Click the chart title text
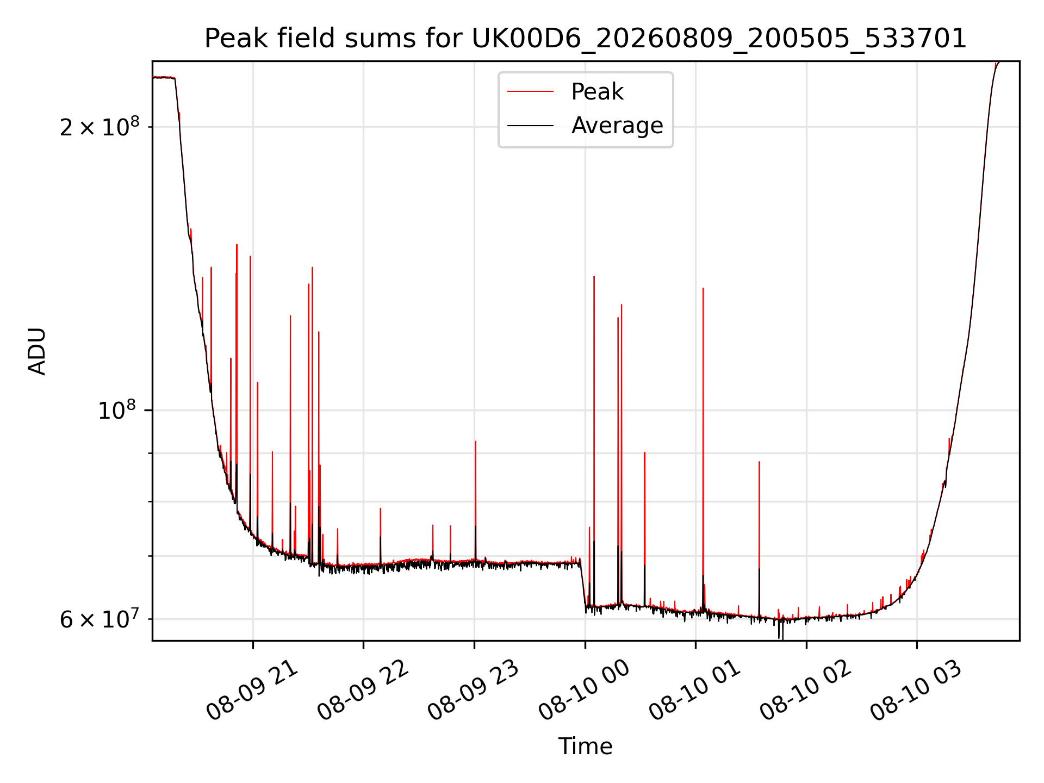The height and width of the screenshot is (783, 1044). pyautogui.click(x=585, y=39)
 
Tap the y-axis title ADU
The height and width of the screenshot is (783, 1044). pyautogui.click(x=37, y=351)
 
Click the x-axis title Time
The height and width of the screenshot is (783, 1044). pyautogui.click(x=585, y=747)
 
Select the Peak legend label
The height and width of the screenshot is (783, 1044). pyautogui.click(x=597, y=92)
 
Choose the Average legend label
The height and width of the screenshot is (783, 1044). pyautogui.click(x=617, y=126)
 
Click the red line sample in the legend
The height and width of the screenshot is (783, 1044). pyautogui.click(x=530, y=92)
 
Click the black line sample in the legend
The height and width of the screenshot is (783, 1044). pyautogui.click(x=530, y=126)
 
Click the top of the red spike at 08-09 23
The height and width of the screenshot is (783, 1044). pyautogui.click(x=476, y=442)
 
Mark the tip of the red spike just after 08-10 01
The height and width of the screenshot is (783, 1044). pyautogui.click(x=703, y=288)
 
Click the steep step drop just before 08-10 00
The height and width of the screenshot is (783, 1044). pyautogui.click(x=583, y=582)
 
